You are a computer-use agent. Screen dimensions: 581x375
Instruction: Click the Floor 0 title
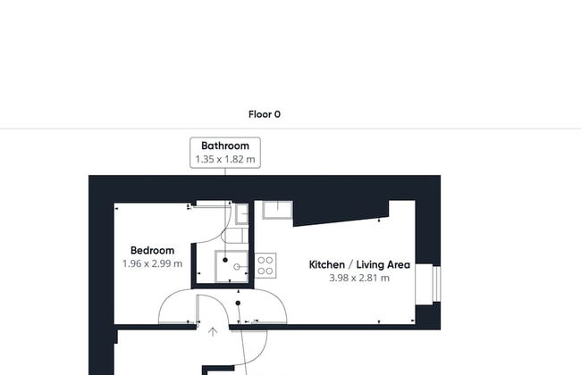pyautogui.click(x=265, y=114)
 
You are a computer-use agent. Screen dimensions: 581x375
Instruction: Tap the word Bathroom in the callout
pyautogui.click(x=225, y=146)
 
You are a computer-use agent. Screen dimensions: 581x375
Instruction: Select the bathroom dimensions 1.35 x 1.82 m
pyautogui.click(x=225, y=160)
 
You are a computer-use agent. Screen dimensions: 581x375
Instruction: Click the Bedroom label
pyautogui.click(x=152, y=251)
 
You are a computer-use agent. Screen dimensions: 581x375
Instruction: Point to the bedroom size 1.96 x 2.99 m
pyautogui.click(x=152, y=264)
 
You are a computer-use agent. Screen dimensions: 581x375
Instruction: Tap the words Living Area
pyautogui.click(x=383, y=265)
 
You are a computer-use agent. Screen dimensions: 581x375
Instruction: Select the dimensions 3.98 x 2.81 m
pyautogui.click(x=359, y=278)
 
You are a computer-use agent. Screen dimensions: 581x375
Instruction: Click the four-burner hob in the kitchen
pyautogui.click(x=265, y=266)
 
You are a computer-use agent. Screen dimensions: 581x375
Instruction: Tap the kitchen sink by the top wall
pyautogui.click(x=277, y=210)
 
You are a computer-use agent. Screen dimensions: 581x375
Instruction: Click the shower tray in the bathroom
pyautogui.click(x=232, y=267)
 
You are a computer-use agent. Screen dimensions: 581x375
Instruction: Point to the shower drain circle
pyautogui.click(x=237, y=267)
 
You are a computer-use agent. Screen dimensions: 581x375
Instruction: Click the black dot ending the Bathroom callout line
pyautogui.click(x=225, y=260)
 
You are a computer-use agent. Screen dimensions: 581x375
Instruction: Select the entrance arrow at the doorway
pyautogui.click(x=213, y=331)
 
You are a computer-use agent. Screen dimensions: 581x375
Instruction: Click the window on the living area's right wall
pyautogui.click(x=436, y=284)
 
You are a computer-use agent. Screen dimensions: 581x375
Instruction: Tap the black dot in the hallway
pyautogui.click(x=238, y=303)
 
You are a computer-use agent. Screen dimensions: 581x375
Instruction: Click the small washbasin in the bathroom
pyautogui.click(x=242, y=214)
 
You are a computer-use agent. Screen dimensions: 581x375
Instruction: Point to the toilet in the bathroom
pyautogui.click(x=237, y=236)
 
